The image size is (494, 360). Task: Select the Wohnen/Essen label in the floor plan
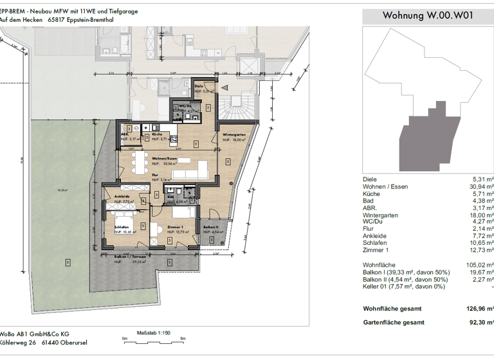tap(165, 159)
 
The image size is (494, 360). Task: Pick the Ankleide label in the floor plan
tap(123, 197)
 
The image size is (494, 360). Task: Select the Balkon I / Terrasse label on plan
tap(129, 256)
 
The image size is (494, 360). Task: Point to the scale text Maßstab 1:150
tap(153, 332)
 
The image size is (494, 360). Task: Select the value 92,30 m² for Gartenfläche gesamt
tap(479, 322)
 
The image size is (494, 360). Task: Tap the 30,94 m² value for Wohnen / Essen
tap(479, 186)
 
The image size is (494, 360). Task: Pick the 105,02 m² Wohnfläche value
tap(478, 265)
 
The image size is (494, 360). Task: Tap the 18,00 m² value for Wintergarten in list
tap(479, 215)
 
